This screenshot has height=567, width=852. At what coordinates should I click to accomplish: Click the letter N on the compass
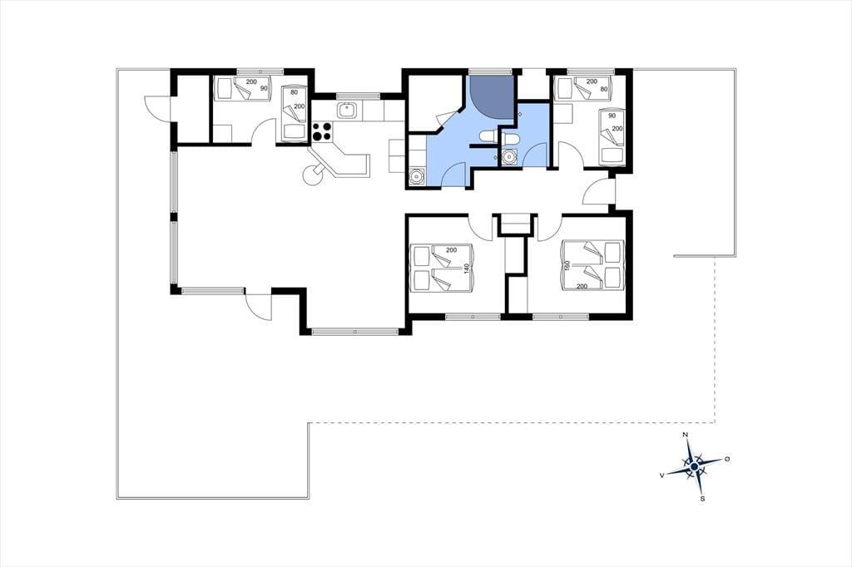click(686, 435)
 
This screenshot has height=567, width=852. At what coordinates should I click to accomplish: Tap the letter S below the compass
click(702, 499)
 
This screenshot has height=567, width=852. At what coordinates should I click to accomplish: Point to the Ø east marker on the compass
click(727, 460)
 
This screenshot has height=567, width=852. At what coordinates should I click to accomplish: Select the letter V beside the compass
click(661, 476)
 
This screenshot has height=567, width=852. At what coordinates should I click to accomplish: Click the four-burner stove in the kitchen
click(321, 131)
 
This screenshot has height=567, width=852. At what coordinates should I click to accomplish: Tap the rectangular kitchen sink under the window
click(347, 111)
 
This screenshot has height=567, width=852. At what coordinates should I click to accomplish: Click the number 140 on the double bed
click(466, 269)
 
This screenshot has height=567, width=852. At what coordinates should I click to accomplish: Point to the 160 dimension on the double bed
click(567, 267)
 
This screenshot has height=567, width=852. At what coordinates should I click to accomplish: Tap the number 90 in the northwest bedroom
click(264, 88)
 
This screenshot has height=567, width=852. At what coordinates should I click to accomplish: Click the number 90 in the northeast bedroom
click(612, 116)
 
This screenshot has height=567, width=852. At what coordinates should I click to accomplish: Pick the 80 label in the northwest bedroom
click(294, 92)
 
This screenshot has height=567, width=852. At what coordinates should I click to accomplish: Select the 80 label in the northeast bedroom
click(603, 88)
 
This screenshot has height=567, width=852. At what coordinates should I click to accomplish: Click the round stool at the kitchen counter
click(314, 175)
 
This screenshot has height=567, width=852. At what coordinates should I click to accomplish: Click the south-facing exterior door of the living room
click(259, 308)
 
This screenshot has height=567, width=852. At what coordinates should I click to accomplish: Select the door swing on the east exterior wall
click(599, 191)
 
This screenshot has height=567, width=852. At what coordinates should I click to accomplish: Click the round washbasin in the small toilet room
click(509, 157)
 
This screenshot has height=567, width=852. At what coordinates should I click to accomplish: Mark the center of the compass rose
click(694, 466)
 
